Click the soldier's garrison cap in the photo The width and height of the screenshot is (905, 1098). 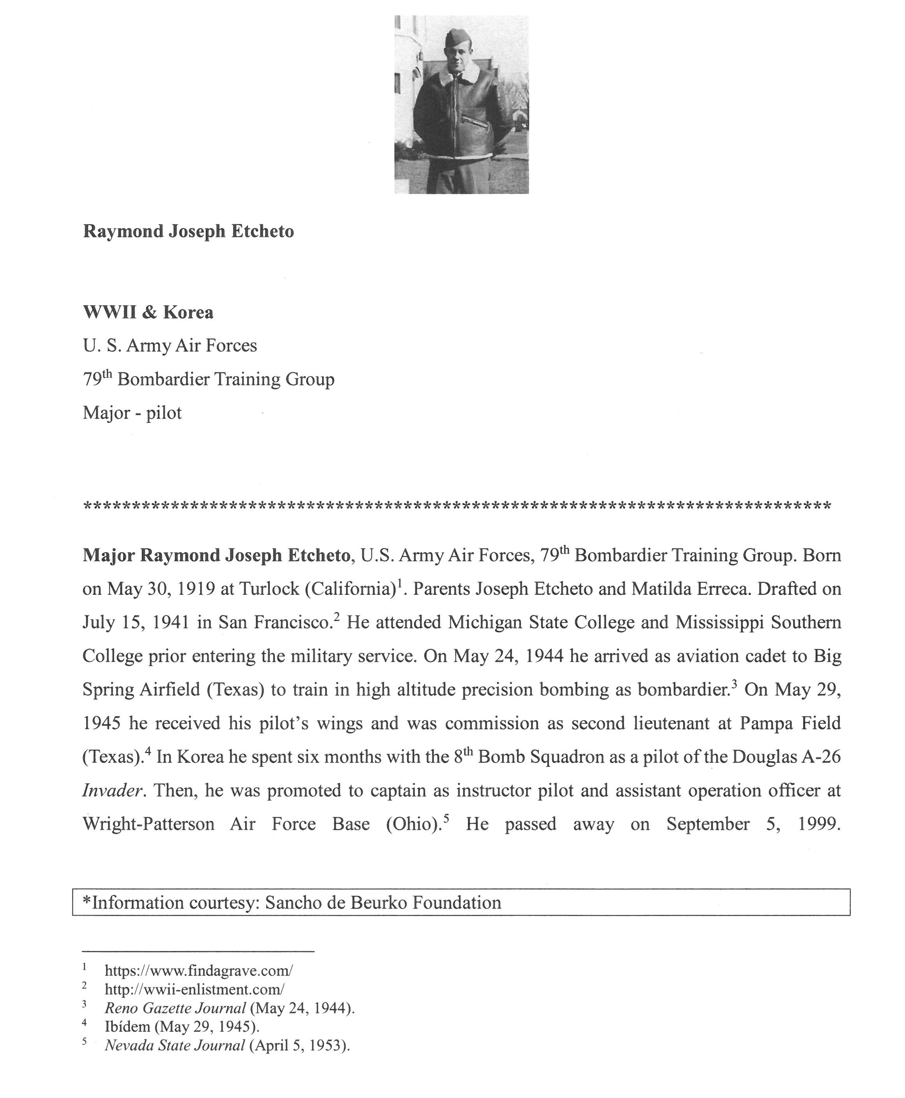[x=457, y=37]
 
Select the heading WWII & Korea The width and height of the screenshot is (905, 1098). [x=148, y=312]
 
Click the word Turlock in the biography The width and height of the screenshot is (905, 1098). [x=269, y=589]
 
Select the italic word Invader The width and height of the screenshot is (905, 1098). [x=112, y=790]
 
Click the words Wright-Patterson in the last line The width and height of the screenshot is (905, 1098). [x=148, y=824]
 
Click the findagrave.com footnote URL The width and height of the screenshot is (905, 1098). [x=198, y=970]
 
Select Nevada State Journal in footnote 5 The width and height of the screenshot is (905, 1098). [x=175, y=1045]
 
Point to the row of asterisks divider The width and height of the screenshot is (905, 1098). [x=457, y=506]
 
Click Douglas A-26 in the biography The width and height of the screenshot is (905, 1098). [x=786, y=757]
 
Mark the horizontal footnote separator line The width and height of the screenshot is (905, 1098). [x=198, y=951]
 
